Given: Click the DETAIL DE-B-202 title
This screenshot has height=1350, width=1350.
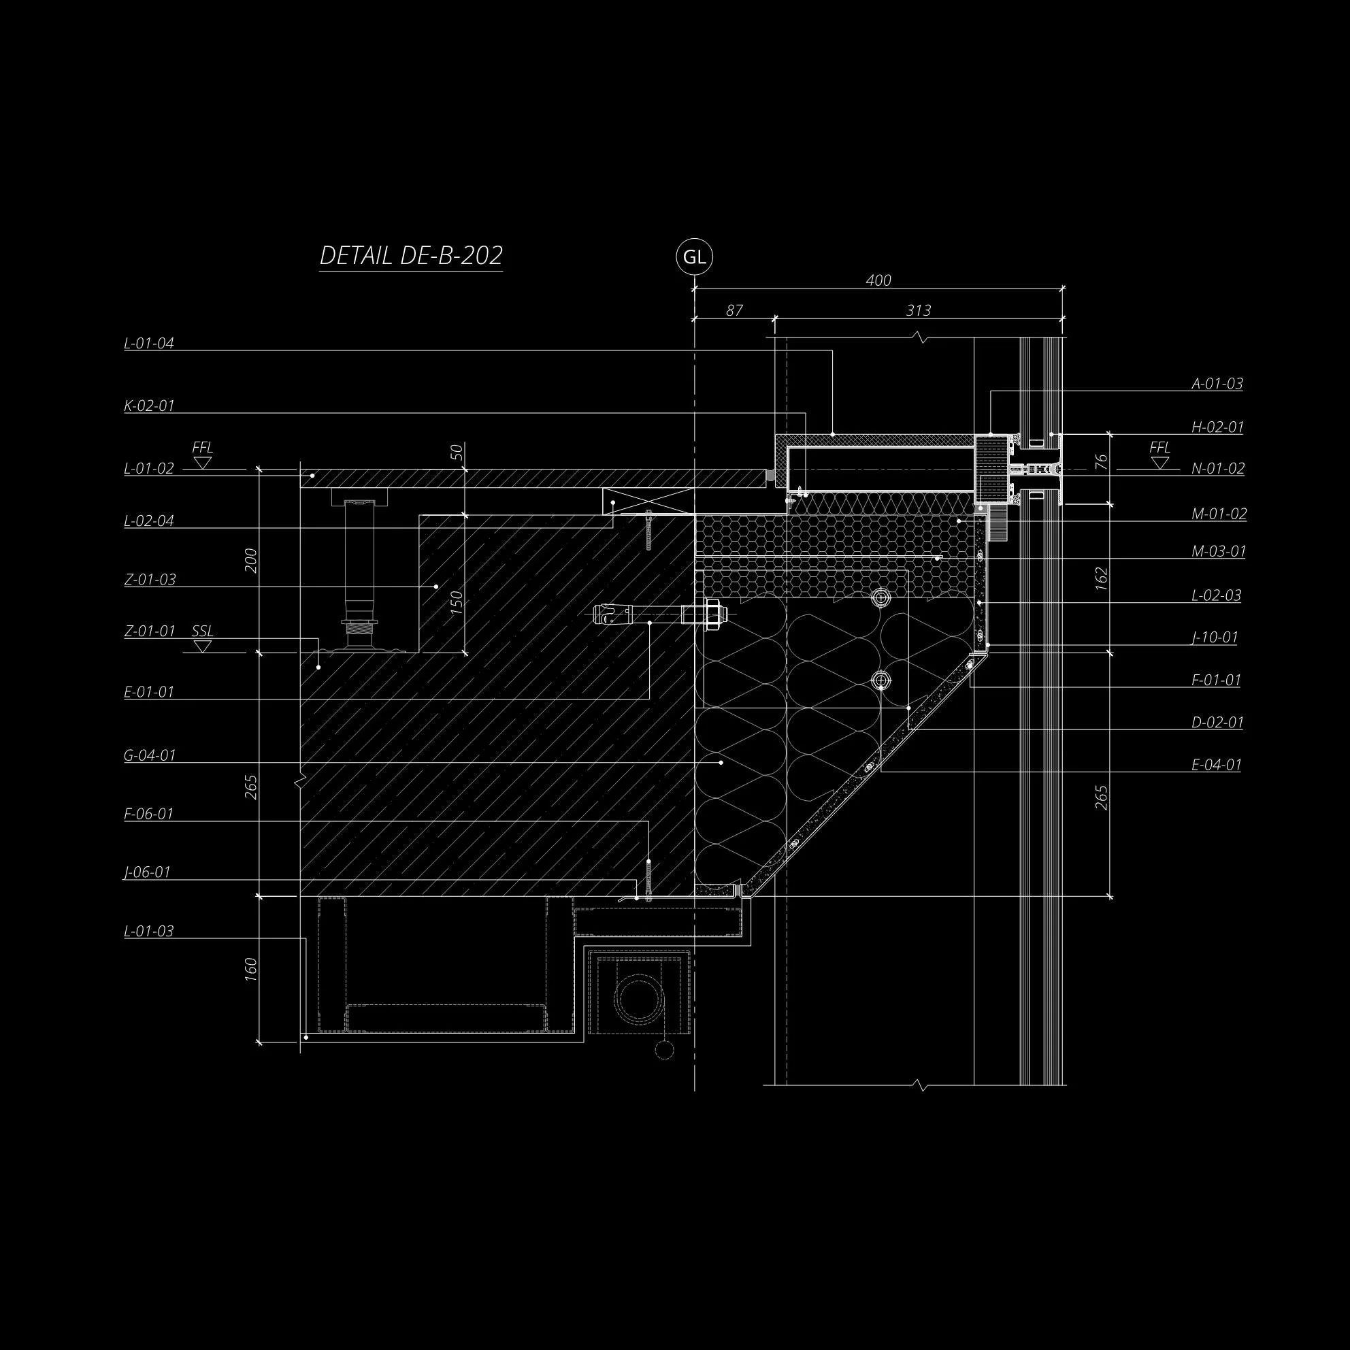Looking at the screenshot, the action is click(x=411, y=256).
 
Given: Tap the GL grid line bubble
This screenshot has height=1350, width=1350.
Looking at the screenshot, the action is click(x=694, y=257).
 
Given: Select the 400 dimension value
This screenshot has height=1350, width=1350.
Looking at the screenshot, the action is click(x=878, y=280).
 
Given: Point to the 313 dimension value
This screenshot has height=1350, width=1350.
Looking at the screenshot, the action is click(x=918, y=310).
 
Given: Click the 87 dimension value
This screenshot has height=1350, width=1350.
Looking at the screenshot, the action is click(x=734, y=310).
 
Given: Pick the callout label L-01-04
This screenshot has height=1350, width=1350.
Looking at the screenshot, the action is click(x=149, y=343).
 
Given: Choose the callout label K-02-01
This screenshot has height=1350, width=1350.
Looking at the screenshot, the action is click(x=149, y=406).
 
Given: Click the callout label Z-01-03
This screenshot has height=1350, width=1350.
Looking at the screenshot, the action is click(x=150, y=579).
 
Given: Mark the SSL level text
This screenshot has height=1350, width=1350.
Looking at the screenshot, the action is click(x=203, y=631).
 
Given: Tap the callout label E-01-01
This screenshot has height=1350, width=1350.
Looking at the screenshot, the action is click(x=149, y=692).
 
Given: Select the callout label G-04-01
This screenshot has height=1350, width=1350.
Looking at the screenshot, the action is click(x=150, y=755).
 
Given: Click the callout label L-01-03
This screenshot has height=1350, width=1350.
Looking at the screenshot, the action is click(x=149, y=931).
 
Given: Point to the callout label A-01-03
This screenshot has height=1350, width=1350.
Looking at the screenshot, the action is click(x=1217, y=384).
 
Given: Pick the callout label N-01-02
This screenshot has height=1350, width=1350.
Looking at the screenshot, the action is click(x=1218, y=468).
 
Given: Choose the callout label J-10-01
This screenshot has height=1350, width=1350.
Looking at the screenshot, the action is click(x=1215, y=638).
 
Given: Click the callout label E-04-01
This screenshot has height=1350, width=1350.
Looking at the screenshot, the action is click(x=1217, y=764).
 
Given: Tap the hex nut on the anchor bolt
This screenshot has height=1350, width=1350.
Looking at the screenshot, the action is click(x=712, y=615).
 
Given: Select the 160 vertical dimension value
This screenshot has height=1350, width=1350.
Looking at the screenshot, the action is click(x=252, y=969).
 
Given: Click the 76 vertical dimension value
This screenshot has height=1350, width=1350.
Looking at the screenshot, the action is click(x=1102, y=461).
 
